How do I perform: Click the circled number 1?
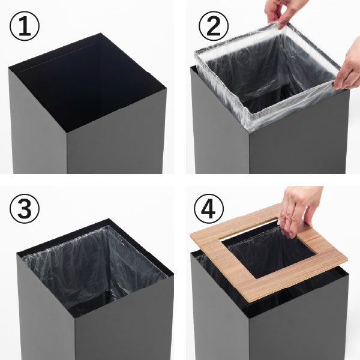(25, 26)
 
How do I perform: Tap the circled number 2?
(214, 26)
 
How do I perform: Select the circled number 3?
(25, 209)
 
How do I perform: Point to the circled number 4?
(209, 209)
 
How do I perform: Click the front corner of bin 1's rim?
(67, 133)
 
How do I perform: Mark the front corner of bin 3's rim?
(74, 319)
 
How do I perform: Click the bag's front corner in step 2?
(250, 130)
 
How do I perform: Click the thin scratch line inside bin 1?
(58, 58)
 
